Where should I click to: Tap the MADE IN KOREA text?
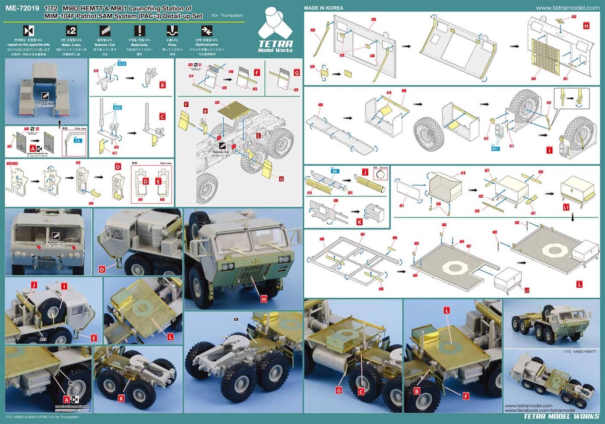324,7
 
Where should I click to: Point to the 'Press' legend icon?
172,31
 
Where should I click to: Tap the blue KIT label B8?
334,172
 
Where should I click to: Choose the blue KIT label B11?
495,148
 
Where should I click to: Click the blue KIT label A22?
118,108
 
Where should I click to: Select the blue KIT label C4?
78,140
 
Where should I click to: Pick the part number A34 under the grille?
534,79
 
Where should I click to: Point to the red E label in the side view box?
159,182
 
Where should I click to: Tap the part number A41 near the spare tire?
549,103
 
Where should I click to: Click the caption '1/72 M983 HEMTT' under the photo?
579,352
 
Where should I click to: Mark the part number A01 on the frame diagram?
363,234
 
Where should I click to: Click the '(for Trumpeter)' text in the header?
227,16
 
